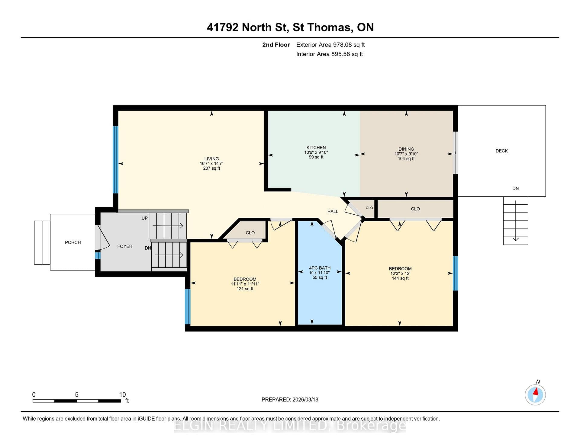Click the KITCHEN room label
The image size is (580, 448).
316,148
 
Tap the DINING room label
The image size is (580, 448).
406,149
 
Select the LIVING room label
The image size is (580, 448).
211,158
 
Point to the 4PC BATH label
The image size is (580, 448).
320,268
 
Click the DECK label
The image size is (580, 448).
502,151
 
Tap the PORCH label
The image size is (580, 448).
73,242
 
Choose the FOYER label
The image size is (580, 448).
125,246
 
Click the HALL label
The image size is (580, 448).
333,211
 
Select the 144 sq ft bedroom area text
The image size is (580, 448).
400,278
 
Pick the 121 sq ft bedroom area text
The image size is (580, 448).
245,289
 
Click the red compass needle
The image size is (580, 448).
536,392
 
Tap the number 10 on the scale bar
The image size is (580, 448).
122,395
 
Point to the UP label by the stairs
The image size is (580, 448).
145,218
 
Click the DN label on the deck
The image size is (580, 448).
515,188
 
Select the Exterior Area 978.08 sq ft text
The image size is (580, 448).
330,45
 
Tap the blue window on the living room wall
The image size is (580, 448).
115,159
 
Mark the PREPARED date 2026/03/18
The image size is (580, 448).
305,399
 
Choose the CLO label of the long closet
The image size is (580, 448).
415,209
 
